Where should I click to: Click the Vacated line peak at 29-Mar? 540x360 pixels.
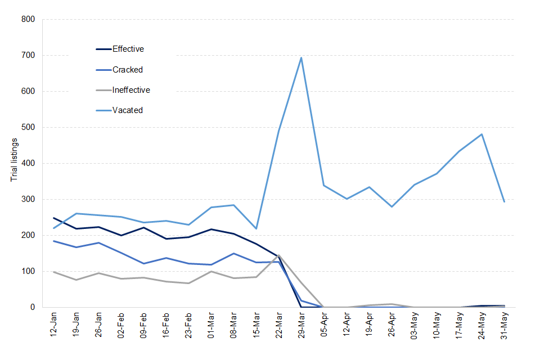(x=301, y=57)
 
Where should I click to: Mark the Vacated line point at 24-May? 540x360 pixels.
(x=482, y=134)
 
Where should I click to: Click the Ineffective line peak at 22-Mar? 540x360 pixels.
(x=279, y=255)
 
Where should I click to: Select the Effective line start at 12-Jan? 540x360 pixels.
(x=54, y=218)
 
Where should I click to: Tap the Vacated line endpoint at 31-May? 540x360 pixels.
(x=505, y=201)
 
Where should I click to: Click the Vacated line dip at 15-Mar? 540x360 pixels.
(x=256, y=228)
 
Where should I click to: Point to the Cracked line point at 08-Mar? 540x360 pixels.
(x=234, y=253)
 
